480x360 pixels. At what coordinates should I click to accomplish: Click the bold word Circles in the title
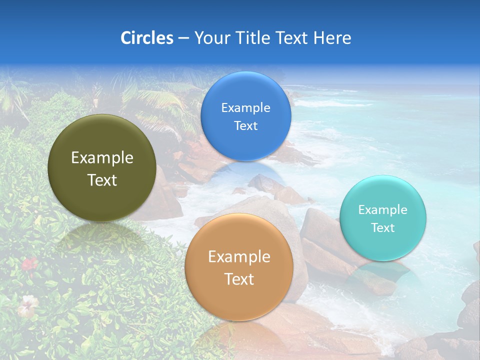147,38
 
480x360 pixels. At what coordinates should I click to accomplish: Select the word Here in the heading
331,38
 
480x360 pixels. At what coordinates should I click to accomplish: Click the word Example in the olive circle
102,158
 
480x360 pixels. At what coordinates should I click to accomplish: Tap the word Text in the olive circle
102,180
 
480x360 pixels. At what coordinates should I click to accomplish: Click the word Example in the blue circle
245,108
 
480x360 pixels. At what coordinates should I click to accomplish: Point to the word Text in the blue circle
245,126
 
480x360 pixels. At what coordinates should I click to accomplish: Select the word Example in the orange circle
238,257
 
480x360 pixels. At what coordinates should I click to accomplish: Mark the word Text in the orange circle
238,279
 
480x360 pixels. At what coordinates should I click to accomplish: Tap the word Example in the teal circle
382,210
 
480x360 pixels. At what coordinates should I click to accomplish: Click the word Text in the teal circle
382,228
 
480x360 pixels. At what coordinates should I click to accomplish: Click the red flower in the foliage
29,263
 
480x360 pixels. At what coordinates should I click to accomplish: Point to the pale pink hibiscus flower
27,304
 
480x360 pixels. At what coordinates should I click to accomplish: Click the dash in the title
183,38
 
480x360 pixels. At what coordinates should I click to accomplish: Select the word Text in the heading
289,38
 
